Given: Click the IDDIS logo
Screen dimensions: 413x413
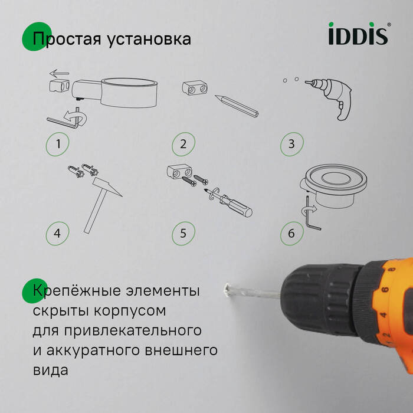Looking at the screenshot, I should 358,34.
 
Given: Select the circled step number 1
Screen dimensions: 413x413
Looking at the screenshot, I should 58,143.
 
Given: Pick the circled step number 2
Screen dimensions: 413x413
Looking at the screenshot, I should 183,143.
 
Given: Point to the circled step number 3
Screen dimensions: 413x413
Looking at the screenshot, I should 291,143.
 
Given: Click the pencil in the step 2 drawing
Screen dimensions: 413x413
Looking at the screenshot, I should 236,104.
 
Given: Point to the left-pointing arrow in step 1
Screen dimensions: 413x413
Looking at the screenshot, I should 60,74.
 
